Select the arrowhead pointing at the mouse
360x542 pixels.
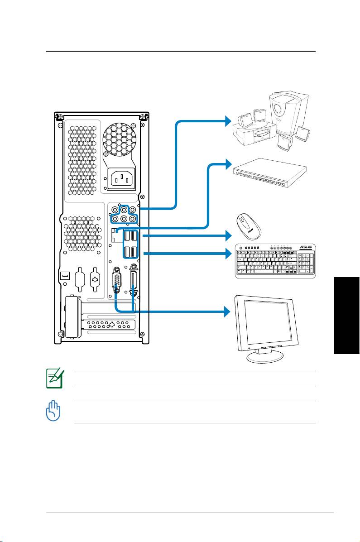click(x=228, y=236)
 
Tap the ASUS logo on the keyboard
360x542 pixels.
click(x=308, y=248)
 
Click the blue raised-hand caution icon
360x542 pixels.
click(x=53, y=412)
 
